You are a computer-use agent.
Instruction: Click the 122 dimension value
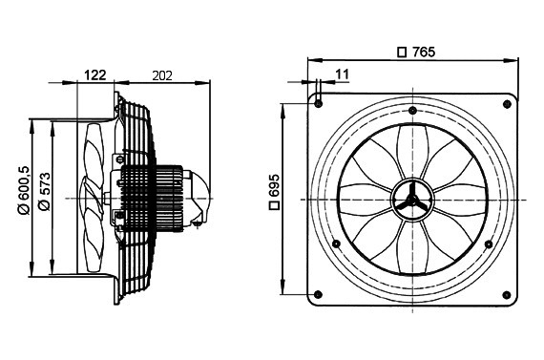click(x=95, y=75)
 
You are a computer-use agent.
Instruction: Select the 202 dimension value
click(x=162, y=75)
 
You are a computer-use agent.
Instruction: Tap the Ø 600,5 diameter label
click(x=26, y=190)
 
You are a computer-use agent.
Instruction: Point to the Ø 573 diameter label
click(x=45, y=191)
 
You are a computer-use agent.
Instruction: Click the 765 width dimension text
click(x=424, y=53)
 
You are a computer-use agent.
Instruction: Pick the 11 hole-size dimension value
click(x=342, y=74)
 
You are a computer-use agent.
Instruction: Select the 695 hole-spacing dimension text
click(x=274, y=186)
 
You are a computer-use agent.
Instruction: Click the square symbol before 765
click(x=402, y=53)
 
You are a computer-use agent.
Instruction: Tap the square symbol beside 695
click(x=275, y=205)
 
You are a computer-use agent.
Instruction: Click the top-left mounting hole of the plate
click(x=318, y=103)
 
